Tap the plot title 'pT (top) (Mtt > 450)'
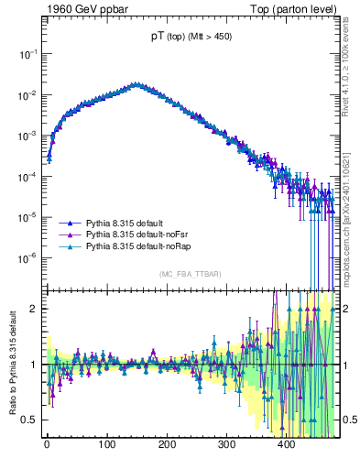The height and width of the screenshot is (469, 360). click(x=191, y=38)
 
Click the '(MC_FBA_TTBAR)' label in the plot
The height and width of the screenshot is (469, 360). click(x=191, y=274)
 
